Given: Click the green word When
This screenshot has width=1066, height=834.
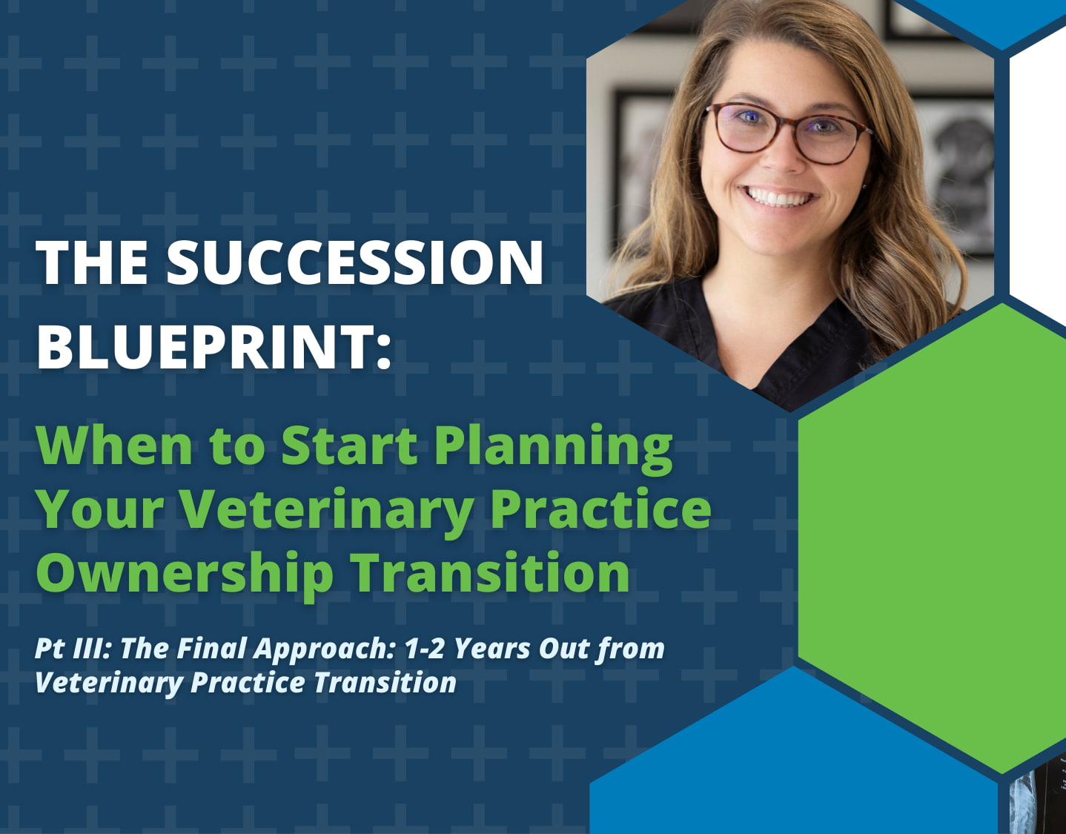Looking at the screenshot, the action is point(114,445).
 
